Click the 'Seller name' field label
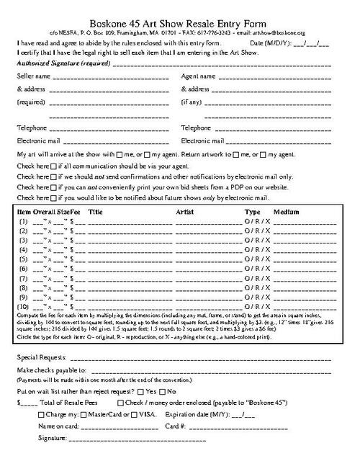point(34,76)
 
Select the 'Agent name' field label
point(198,76)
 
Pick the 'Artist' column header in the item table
point(186,213)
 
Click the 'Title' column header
point(95,213)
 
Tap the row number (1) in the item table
point(24,223)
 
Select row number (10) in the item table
point(24,306)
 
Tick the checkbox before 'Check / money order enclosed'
point(120,403)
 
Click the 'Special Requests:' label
point(41,358)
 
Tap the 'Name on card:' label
point(58,426)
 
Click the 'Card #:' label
point(176,426)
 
